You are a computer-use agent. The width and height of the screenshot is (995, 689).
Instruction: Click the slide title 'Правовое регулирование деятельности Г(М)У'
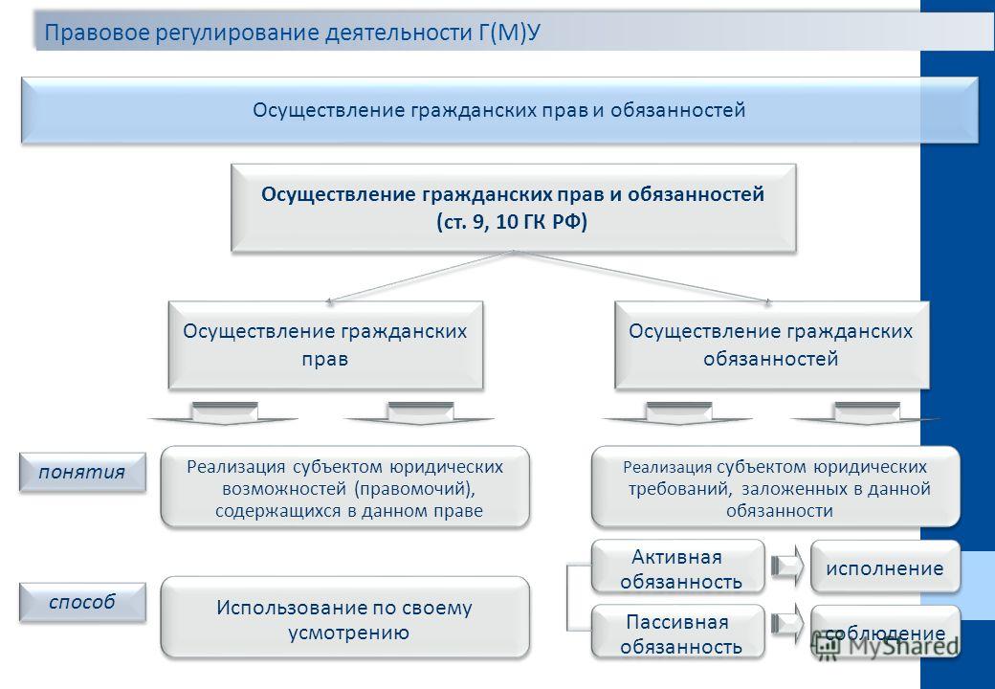tap(292, 33)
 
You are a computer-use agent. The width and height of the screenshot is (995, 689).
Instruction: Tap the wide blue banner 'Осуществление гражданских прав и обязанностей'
tap(499, 110)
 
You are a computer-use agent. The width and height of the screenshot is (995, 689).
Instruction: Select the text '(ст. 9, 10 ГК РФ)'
tap(512, 222)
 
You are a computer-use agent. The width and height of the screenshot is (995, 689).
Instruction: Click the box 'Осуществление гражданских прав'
tap(325, 344)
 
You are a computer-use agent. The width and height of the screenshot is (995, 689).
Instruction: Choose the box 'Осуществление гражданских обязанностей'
tap(772, 344)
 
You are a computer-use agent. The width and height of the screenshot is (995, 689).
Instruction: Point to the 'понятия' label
tap(82, 472)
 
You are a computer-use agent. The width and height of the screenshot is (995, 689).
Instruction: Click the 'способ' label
tap(82, 602)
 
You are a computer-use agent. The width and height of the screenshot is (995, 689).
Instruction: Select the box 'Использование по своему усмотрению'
tap(344, 617)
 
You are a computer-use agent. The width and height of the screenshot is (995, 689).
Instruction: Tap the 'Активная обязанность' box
tap(677, 567)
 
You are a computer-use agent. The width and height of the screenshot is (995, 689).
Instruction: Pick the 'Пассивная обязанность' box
tap(677, 632)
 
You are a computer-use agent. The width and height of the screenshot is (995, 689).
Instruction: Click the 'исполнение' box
tap(885, 567)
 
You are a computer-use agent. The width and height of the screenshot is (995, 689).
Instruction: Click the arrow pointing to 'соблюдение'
tap(786, 624)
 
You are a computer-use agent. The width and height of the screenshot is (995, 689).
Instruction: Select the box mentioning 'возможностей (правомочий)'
tap(344, 487)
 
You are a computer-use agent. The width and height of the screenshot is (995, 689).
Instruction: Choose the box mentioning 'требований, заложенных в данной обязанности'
tap(776, 487)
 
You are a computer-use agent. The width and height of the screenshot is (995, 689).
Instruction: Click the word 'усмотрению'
tap(348, 633)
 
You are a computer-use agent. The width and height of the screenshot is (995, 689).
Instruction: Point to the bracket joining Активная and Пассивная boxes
tap(567, 597)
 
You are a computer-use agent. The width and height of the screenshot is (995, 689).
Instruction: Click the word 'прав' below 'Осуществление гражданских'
tap(325, 360)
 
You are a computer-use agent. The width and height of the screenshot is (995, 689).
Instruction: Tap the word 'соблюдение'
tap(885, 633)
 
